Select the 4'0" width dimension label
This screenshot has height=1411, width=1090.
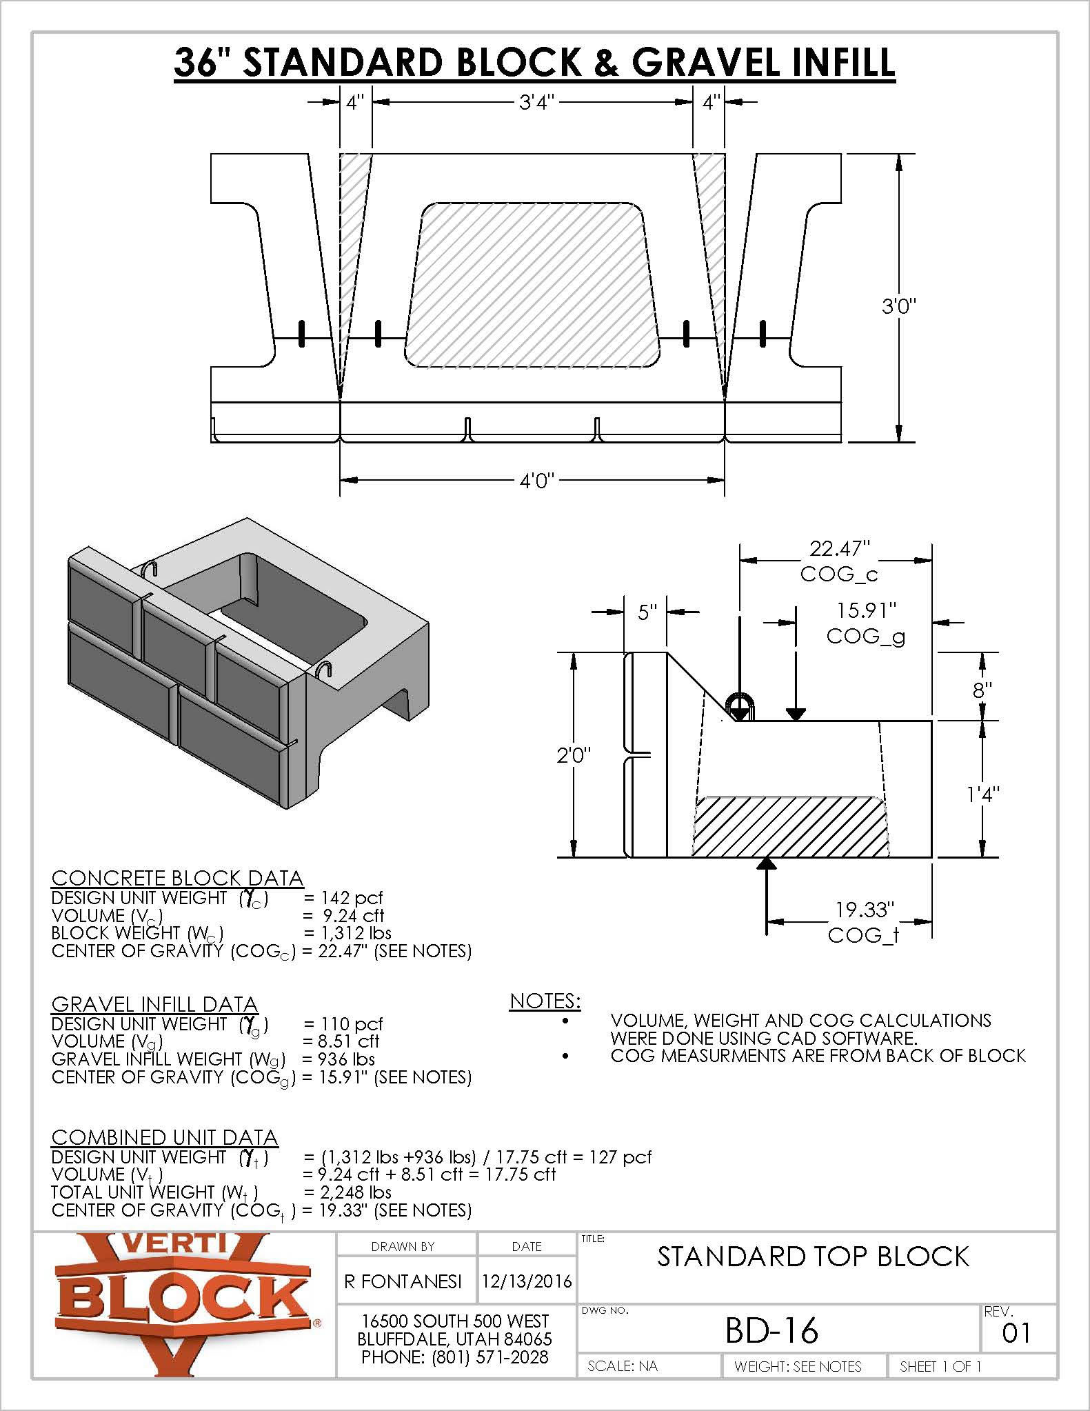coord(537,480)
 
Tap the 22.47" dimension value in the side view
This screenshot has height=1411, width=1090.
coord(838,549)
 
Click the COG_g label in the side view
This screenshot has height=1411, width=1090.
coord(866,636)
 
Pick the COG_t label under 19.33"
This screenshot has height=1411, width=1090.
coord(864,935)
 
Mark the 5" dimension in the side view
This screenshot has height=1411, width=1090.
coord(647,612)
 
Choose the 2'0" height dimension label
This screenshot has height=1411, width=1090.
coord(575,756)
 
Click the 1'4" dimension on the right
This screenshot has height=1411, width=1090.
coord(982,794)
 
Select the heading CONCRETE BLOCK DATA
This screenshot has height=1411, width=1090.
coord(177,879)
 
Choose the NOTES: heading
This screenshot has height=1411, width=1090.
coord(545,1001)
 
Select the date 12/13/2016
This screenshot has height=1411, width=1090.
coord(527,1281)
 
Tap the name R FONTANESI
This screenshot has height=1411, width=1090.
coord(403,1281)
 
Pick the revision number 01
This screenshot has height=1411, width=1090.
coord(1016,1333)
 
